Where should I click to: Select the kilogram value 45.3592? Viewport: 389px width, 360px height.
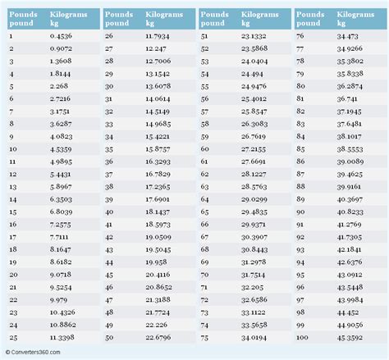pyautogui.click(x=352, y=336)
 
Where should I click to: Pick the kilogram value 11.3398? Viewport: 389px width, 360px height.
pyautogui.click(x=63, y=336)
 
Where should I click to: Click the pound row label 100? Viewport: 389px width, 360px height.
pyautogui.click(x=303, y=336)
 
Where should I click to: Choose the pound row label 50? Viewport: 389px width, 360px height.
pyautogui.click(x=110, y=336)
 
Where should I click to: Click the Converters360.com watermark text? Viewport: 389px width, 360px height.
pyautogui.click(x=38, y=353)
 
